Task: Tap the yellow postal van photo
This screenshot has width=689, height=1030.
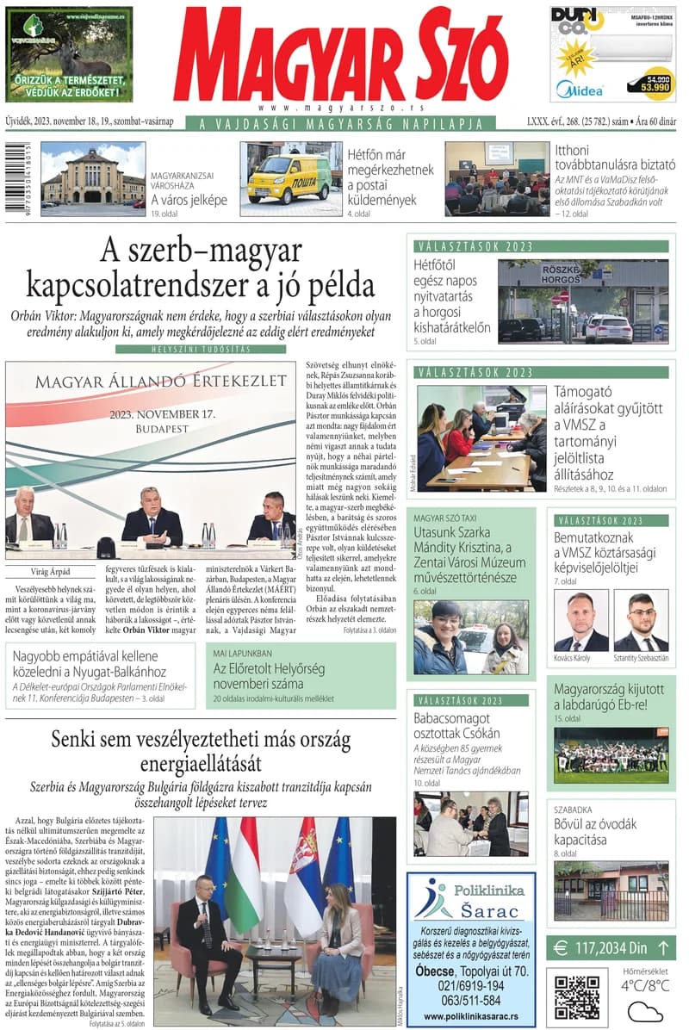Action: pos(290,178)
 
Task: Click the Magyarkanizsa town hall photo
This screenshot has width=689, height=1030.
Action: pos(92,178)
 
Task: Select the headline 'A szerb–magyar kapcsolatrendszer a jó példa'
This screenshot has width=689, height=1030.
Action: pos(200,267)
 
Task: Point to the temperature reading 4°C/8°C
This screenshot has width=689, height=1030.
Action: pos(645,985)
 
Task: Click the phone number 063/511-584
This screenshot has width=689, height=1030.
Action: pos(470,1000)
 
